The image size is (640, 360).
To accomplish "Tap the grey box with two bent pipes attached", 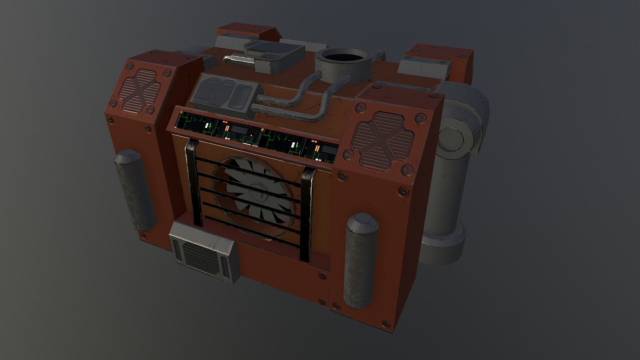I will [227, 94].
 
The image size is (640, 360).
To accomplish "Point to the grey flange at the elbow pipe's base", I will [444, 246].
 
